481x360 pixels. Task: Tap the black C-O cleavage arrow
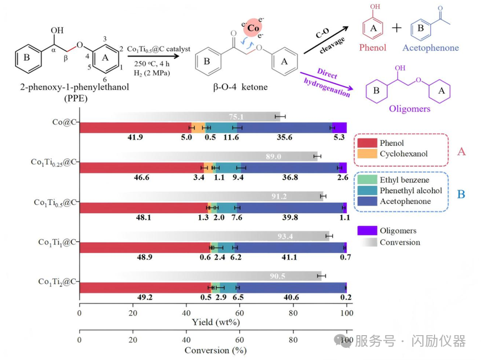click(326, 40)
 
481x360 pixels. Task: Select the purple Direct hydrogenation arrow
click(327, 81)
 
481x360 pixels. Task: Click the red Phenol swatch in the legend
click(367, 143)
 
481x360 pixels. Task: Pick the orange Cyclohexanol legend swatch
click(367, 154)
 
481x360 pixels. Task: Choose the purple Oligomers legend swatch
click(367, 231)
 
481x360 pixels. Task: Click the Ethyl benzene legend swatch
click(367, 180)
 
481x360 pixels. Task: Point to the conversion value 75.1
click(236, 117)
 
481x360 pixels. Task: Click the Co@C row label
click(64, 122)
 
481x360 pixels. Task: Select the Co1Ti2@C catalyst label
click(57, 282)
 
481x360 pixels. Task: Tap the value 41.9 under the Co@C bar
click(135, 137)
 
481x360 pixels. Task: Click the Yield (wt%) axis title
click(216, 322)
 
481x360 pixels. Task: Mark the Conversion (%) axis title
click(216, 351)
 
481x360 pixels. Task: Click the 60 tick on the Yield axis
click(240, 313)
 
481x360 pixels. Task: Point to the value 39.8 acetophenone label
click(290, 217)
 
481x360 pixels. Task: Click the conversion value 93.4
click(285, 236)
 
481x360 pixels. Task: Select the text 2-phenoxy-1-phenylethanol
click(75, 87)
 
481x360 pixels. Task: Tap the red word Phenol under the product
click(373, 48)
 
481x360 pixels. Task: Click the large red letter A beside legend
click(462, 152)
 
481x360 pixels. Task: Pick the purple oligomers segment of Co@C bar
click(340, 128)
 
